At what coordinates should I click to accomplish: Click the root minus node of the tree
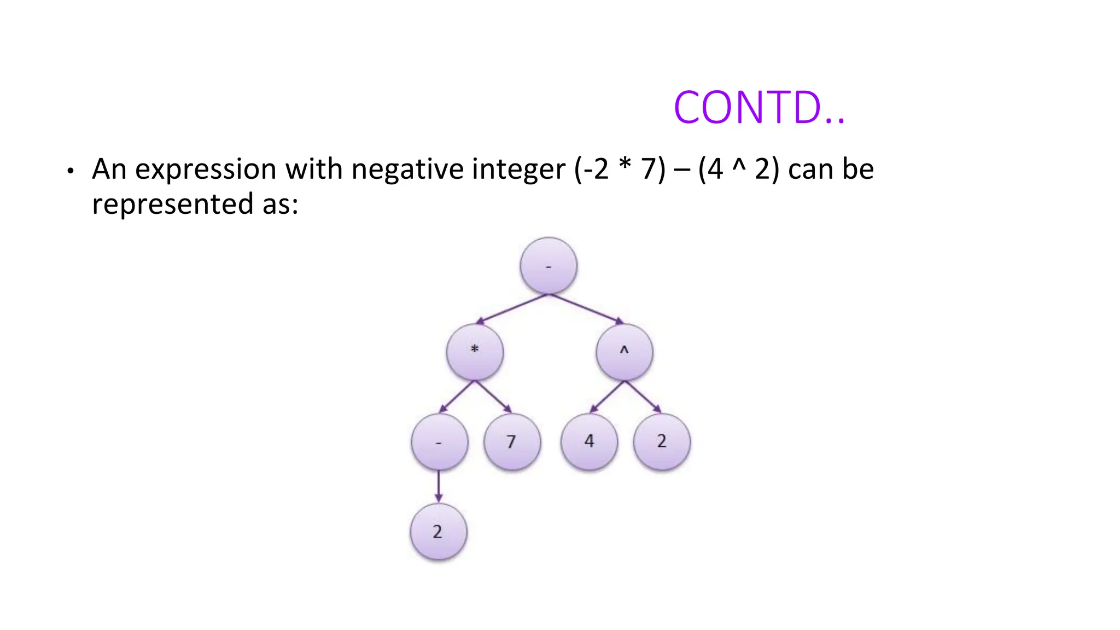[x=549, y=266]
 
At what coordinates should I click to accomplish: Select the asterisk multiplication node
[x=475, y=352]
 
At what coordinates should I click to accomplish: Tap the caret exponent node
[x=625, y=352]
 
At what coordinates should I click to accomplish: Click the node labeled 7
[x=512, y=441]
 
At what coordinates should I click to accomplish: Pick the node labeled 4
[x=589, y=441]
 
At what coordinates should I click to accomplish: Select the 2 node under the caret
[x=662, y=441]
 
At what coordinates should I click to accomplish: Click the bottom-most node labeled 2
[x=438, y=532]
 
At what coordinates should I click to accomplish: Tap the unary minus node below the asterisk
[x=439, y=442]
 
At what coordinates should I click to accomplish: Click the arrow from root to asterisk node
[x=511, y=310]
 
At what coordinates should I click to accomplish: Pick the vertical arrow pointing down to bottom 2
[x=439, y=486]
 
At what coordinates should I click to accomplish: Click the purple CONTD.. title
[x=759, y=108]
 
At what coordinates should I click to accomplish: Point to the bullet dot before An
[x=69, y=171]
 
